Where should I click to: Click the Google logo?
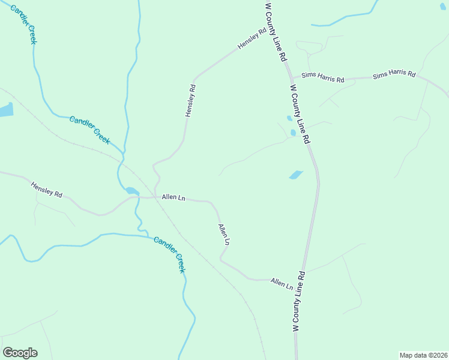20,353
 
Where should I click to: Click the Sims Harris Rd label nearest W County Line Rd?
322,77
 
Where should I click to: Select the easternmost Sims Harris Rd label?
394,75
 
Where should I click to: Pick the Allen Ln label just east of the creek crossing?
173,197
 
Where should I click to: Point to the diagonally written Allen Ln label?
224,234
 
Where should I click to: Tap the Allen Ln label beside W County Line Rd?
282,283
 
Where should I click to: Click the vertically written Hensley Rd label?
190,100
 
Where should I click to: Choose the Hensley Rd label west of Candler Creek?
47,191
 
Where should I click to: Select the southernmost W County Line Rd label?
298,302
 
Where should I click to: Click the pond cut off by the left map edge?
5,110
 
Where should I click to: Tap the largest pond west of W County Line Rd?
296,175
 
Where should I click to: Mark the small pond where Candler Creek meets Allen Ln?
132,191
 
